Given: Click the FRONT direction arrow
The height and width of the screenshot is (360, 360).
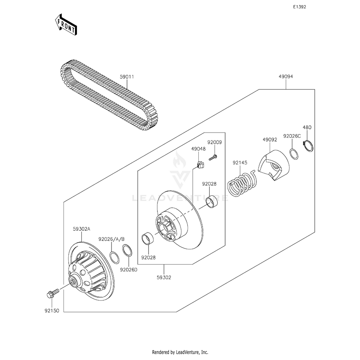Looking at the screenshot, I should (x=67, y=25).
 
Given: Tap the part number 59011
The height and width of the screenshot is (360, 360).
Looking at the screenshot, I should (x=127, y=77).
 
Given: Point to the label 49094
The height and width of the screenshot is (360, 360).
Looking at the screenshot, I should (x=286, y=77).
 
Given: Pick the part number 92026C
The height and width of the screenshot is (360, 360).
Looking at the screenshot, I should (x=292, y=136).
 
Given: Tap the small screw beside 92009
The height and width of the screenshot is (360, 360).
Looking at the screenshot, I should (x=213, y=158).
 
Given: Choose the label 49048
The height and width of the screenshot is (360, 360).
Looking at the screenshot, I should (x=198, y=149).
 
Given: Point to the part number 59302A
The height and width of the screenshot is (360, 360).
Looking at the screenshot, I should (x=81, y=230).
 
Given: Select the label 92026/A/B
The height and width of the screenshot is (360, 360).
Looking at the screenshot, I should (x=111, y=239).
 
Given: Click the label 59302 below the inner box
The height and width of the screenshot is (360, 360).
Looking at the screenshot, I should (x=164, y=277).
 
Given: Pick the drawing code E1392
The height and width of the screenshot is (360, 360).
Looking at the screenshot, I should (x=299, y=7).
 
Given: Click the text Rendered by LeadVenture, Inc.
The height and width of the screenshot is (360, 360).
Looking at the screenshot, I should (x=180, y=352).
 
